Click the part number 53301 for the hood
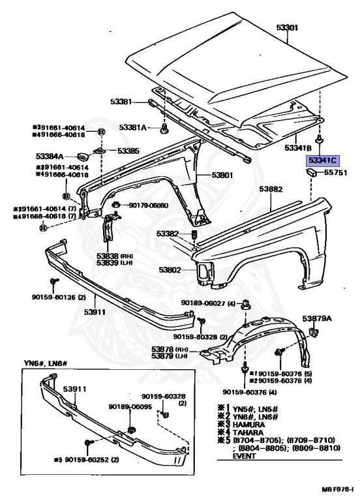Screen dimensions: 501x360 point(287,27)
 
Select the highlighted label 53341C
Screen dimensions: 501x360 point(323,159)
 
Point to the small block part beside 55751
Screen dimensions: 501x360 point(312,173)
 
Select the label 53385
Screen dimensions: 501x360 point(128,151)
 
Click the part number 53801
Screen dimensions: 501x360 point(221,175)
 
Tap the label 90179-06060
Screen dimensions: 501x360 point(148,205)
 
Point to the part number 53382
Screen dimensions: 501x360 point(167,234)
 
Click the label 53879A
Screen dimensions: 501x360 point(317,318)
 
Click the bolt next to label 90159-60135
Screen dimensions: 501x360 point(52,282)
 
